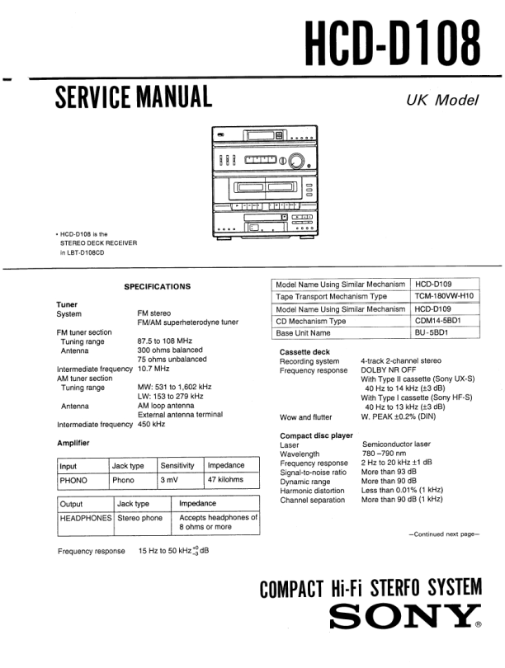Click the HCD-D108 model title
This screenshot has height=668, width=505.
tap(392, 40)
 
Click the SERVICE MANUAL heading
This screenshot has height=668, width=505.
tap(133, 97)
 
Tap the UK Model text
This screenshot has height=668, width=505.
tap(442, 101)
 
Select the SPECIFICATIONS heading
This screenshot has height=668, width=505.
tap(157, 286)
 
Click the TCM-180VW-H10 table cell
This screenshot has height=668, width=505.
tap(444, 295)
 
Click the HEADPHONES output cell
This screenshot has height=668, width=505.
tap(85, 518)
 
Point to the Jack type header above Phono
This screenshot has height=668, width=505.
tap(128, 466)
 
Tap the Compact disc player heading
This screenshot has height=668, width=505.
tap(316, 435)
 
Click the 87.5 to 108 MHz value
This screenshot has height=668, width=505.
tap(164, 341)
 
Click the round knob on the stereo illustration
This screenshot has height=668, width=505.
tap(295, 160)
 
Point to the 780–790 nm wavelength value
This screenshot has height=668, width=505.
tap(383, 454)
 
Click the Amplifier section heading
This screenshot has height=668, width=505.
tap(73, 443)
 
